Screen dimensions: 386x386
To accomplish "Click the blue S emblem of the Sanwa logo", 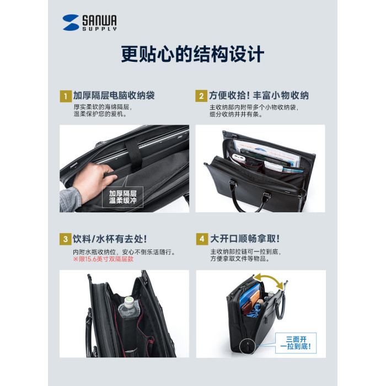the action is coord(71,23).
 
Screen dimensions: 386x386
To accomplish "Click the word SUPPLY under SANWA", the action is coord(99,29).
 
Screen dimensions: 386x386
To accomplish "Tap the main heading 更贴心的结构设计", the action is coord(192,54).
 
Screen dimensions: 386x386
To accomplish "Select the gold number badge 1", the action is coord(66,96).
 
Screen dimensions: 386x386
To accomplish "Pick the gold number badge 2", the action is coord(201,96).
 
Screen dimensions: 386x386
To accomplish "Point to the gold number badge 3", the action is coord(66,239).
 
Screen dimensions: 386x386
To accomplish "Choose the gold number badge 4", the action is coord(202,239).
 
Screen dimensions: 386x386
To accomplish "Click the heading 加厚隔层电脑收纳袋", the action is coord(114,95).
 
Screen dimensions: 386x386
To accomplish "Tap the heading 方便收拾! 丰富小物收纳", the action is coord(259,95).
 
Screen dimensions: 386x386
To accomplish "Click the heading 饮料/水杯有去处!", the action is coord(110,239).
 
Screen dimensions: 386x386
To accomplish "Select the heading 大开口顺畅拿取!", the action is coord(245,239).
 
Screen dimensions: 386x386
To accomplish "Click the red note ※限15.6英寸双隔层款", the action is coord(103,259).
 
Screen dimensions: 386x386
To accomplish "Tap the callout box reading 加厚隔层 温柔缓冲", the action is coord(122,197).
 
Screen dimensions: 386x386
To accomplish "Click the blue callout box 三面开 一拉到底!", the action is coord(296,343).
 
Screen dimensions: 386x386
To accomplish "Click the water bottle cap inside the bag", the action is coord(128,301).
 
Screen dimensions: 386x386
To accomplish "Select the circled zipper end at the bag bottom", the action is coord(248,345).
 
